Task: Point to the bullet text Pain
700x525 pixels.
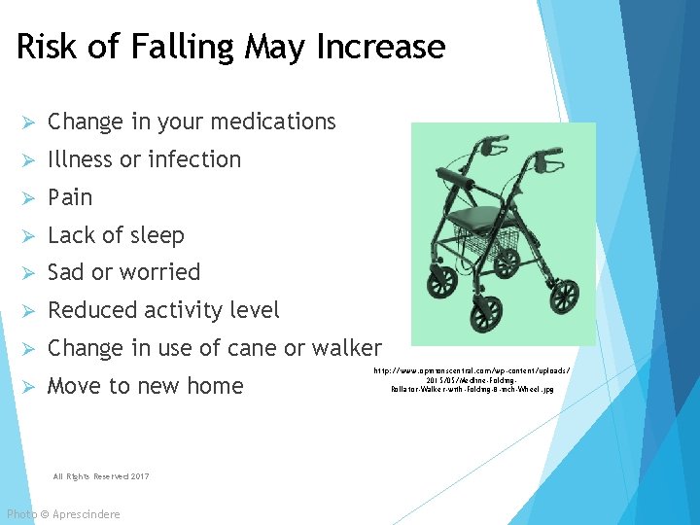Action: tap(70, 197)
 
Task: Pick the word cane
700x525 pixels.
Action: tap(254, 348)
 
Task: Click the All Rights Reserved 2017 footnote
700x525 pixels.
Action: tap(101, 475)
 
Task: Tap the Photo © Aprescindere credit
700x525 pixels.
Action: tap(63, 513)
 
